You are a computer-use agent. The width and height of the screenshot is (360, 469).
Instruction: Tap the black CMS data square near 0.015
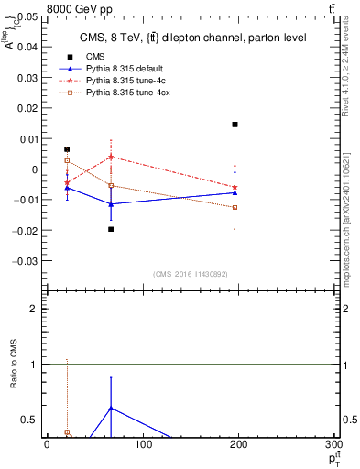235,125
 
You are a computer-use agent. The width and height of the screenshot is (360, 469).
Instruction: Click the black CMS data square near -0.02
111,229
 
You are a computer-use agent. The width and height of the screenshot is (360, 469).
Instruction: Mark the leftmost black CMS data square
67,149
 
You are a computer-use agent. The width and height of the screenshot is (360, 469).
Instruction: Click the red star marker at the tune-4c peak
111,157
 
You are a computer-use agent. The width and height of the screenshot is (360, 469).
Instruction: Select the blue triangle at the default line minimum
111,204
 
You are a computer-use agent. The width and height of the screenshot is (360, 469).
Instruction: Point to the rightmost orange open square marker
235,208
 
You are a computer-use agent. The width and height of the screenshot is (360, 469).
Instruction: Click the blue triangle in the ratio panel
111,408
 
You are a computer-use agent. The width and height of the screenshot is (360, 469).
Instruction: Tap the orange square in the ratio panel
67,432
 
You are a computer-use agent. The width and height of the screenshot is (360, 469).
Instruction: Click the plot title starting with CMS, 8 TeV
180,38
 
